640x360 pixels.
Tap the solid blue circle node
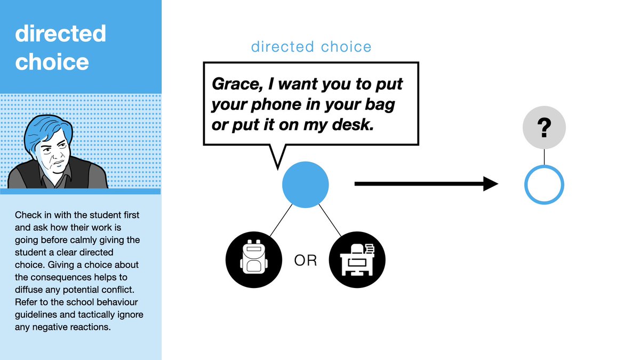click(x=305, y=185)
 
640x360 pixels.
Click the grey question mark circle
click(x=544, y=129)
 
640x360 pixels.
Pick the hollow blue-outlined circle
click(x=544, y=185)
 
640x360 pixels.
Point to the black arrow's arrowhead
click(x=491, y=185)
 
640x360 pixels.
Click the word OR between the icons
click(x=306, y=261)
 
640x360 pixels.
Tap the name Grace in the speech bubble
click(x=231, y=84)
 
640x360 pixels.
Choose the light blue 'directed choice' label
click(x=311, y=47)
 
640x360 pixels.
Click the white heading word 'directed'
click(x=60, y=34)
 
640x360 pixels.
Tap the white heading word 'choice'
click(x=52, y=62)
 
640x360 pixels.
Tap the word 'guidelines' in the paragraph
click(x=36, y=315)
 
